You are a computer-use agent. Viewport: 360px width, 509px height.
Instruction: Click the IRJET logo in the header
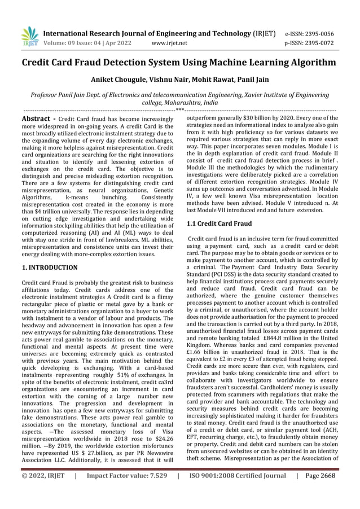(x=28, y=36)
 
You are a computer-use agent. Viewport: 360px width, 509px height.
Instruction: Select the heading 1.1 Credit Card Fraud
(x=219, y=224)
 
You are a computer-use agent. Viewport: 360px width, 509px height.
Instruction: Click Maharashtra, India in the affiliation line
(x=194, y=104)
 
